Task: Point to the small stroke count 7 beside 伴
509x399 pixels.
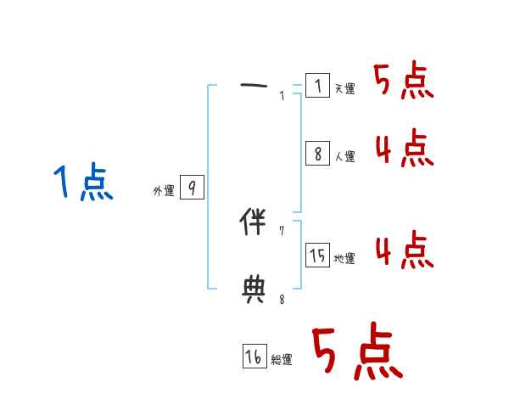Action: tap(282, 231)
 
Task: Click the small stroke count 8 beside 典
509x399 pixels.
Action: tap(282, 299)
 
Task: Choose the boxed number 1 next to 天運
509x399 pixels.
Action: tap(317, 86)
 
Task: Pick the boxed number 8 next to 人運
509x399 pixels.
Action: tap(317, 154)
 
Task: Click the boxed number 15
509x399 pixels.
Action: tap(317, 256)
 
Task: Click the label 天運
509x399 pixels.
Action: tap(344, 88)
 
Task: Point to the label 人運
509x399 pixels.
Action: tap(344, 156)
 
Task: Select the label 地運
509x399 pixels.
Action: tap(344, 258)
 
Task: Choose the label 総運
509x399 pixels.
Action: tap(282, 360)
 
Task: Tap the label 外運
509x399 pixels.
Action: tap(164, 191)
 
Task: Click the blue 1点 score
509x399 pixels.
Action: tap(83, 183)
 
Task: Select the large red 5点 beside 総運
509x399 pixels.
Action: tap(356, 352)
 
